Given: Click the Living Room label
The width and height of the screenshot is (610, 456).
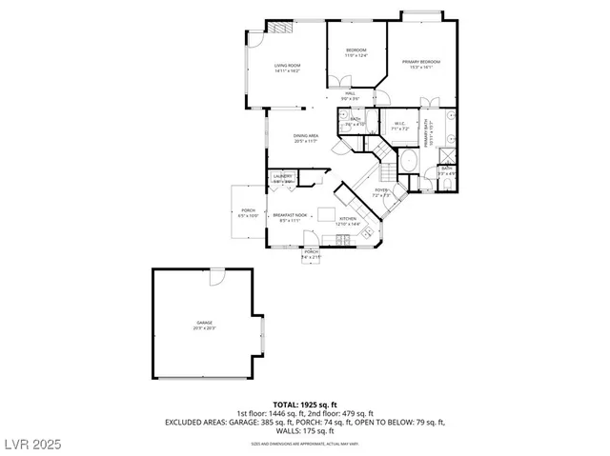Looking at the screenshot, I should coord(274,67).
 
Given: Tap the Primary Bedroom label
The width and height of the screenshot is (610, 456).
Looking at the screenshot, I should coord(419,64).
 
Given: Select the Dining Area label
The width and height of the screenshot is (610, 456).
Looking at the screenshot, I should coord(305,138).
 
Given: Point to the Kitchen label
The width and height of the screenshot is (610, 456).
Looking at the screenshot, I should coord(348,220).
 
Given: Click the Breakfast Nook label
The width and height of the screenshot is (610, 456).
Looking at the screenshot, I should coord(289,217).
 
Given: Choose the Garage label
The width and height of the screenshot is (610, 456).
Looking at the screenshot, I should coord(205,325).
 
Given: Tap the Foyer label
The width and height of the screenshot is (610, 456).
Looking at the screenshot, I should coord(380,192).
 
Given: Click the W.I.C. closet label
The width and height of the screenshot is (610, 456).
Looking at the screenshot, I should coord(400,125).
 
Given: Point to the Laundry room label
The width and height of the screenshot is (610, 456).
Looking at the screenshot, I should coord(282,178).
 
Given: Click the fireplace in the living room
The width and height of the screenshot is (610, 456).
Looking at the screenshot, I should coord(277,29).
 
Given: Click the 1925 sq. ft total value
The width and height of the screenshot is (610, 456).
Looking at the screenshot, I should coord(319,405).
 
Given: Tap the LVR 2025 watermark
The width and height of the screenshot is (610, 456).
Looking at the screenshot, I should coord(31,444).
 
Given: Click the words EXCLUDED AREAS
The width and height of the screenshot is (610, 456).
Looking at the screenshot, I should coord(196,422).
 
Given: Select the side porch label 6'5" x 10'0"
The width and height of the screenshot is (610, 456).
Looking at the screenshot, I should coord(248,213).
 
